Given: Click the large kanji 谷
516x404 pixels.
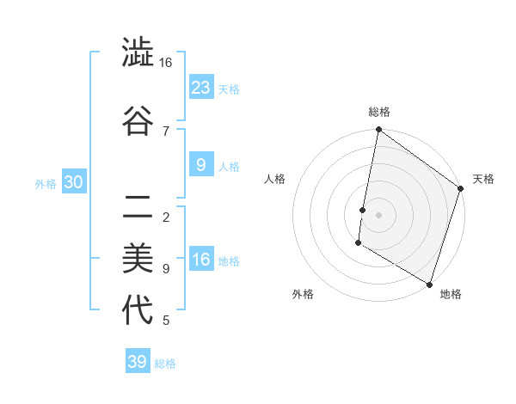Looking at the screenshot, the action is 138,120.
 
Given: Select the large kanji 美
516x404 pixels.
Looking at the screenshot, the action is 138,258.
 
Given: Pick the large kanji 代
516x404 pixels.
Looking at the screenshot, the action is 138,310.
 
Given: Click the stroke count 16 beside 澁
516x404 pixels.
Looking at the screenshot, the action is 166,63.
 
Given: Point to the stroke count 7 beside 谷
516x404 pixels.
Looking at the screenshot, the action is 166,131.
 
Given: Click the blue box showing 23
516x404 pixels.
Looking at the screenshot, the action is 201,87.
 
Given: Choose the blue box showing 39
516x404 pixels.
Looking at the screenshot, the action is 138,362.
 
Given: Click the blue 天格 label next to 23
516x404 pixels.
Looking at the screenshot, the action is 229,89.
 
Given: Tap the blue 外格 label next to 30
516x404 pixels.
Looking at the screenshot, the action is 46,184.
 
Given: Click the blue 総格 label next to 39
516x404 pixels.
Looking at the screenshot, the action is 165,364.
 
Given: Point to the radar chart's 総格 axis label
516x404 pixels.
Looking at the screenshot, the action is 379,112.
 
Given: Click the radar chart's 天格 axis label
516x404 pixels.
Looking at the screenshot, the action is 483,179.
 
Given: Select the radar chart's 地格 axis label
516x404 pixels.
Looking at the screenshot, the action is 451,294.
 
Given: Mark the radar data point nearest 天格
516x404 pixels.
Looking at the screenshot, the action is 461,189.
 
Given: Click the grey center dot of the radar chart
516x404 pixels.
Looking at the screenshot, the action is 379,214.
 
